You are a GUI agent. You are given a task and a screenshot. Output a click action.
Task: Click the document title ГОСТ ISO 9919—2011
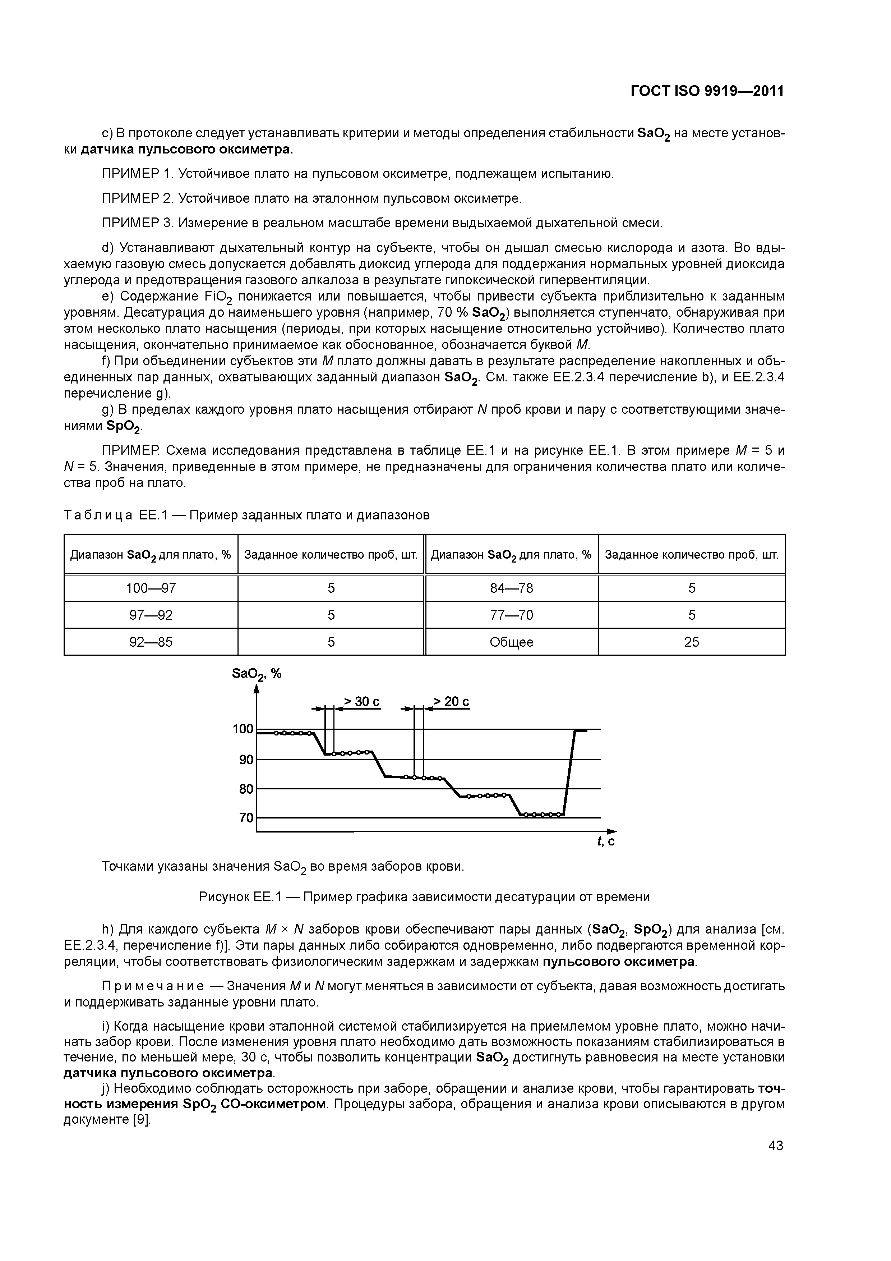707,91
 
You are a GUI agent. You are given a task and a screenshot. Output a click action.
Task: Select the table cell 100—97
151,588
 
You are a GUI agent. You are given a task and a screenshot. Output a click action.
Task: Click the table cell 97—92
151,615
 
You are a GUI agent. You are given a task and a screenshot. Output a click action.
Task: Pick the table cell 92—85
151,642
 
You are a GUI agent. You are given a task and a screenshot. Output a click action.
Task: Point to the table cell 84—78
511,588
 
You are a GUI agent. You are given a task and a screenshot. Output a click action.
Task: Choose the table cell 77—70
511,615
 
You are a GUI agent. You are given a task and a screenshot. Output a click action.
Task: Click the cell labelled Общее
511,642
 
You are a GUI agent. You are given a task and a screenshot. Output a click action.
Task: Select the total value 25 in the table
691,642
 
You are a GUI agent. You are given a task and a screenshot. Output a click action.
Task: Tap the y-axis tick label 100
243,729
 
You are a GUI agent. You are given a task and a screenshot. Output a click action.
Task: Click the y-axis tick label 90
245,760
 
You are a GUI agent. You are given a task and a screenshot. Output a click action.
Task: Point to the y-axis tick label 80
245,789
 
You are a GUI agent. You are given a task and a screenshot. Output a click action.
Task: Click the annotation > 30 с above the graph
362,702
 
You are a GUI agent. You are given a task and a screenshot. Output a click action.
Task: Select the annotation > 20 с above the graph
451,702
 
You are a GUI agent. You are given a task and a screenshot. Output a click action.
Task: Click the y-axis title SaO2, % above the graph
257,674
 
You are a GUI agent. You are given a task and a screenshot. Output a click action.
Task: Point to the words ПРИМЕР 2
138,198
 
